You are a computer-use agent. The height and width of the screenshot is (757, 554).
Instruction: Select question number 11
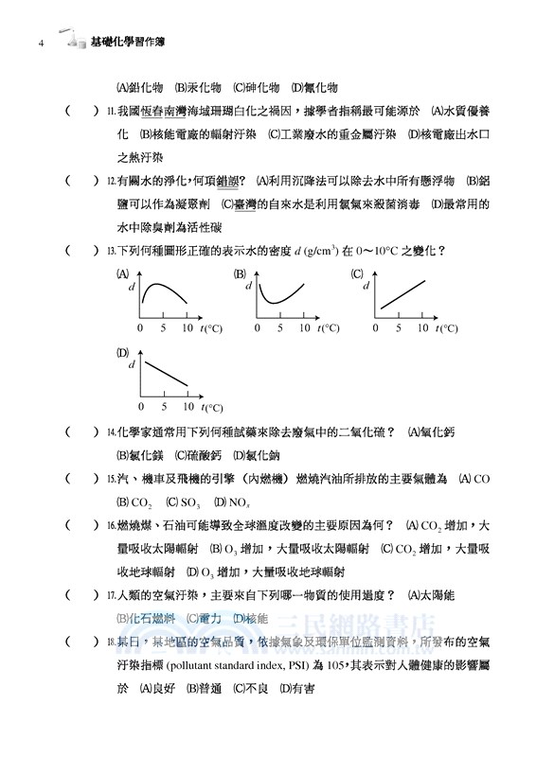pyautogui.click(x=110, y=112)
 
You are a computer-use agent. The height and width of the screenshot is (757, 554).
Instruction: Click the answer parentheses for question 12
pyautogui.click(x=81, y=181)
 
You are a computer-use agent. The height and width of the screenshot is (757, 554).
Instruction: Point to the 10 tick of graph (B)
pyautogui.click(x=305, y=327)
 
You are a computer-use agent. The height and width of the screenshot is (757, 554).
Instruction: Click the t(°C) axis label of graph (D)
pyautogui.click(x=213, y=408)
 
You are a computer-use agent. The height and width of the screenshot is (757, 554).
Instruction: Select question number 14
pyautogui.click(x=110, y=432)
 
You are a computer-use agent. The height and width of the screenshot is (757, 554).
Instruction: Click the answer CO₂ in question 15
pyautogui.click(x=139, y=502)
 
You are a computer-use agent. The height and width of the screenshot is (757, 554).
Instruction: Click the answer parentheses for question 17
pyautogui.click(x=81, y=595)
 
